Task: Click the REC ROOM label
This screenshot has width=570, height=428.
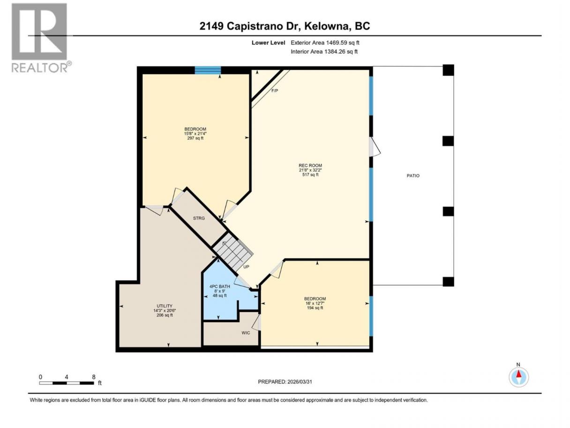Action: tap(310, 165)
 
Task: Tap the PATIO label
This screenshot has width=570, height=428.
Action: tap(413, 176)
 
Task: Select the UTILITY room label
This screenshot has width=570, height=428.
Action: tap(165, 306)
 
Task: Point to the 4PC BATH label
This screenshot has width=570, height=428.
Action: tap(220, 286)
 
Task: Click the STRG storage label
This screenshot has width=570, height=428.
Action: tap(199, 218)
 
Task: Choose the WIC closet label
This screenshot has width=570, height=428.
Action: tap(246, 333)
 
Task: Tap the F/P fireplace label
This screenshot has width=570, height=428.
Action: tap(275, 91)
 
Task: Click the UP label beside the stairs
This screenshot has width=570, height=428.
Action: tap(246, 267)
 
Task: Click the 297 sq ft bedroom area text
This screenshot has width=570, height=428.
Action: tap(195, 138)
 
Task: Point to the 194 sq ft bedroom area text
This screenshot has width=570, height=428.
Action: tap(315, 308)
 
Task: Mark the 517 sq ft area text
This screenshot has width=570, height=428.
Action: tap(310, 175)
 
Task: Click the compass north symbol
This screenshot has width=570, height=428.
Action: tap(518, 377)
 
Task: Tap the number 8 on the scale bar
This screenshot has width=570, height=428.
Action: tap(93, 377)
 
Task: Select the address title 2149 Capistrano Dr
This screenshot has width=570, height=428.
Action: tap(250, 26)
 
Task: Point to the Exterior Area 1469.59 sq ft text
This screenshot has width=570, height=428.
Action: tap(325, 43)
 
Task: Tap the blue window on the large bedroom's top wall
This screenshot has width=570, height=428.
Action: tap(208, 70)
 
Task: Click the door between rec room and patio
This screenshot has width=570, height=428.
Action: tap(375, 147)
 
